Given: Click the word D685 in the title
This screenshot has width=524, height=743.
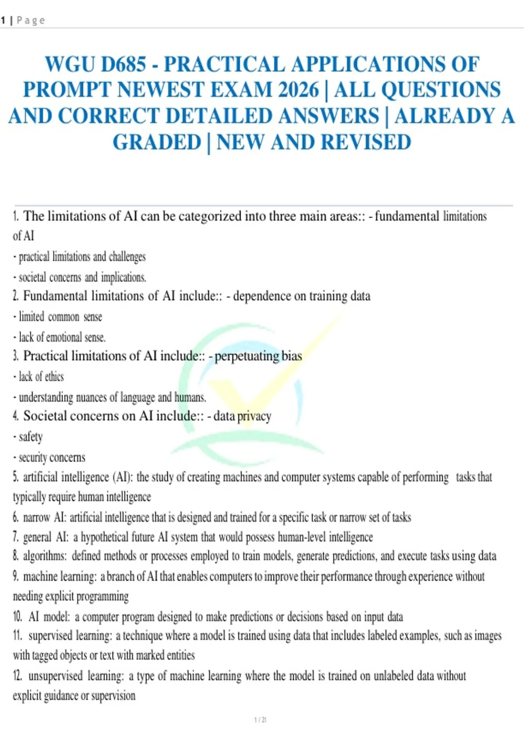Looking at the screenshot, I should coord(124,64).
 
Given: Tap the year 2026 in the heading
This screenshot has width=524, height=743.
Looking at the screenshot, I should coord(299,90).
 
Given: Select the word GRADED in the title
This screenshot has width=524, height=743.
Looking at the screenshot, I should coord(157,142).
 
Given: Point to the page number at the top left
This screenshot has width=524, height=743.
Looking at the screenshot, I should coord(3,20).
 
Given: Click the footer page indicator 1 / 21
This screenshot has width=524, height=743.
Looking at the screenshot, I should coord(260,720).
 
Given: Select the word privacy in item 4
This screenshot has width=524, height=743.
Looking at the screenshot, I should coord(254,416).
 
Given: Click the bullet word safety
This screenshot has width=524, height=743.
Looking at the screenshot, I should coord(31,437).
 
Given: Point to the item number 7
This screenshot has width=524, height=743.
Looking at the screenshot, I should coord(15,537).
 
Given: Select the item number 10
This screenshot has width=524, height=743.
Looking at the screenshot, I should coord(17,617).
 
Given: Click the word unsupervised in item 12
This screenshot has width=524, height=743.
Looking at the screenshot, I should coord(55,676).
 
